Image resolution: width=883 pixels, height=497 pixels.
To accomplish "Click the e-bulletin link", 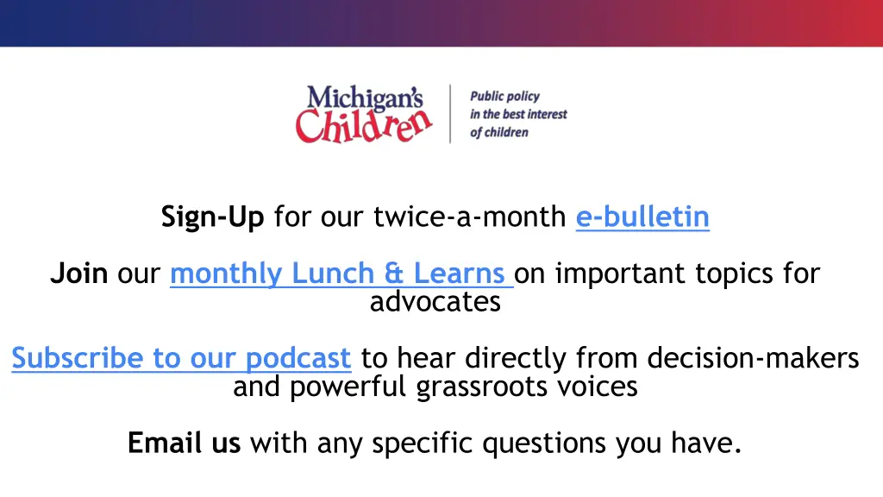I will pyautogui.click(x=642, y=217).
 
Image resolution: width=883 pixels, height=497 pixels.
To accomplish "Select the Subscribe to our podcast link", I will pyautogui.click(x=181, y=357).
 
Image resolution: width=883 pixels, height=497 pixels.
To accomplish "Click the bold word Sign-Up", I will pyautogui.click(x=212, y=217).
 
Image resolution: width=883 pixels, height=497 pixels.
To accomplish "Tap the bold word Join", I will pyautogui.click(x=78, y=274).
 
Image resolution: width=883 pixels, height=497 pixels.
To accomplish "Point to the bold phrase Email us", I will pyautogui.click(x=184, y=443).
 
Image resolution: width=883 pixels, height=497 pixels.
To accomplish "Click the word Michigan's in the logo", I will pyautogui.click(x=365, y=98).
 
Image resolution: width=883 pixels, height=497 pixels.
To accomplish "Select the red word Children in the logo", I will pyautogui.click(x=363, y=126).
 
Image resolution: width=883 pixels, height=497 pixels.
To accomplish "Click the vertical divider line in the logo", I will pyautogui.click(x=450, y=113).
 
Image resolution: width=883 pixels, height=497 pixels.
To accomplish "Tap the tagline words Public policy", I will pyautogui.click(x=504, y=97).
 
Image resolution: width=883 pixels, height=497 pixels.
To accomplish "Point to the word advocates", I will pyautogui.click(x=435, y=302).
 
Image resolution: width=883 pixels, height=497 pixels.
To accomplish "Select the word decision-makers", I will pyautogui.click(x=753, y=357).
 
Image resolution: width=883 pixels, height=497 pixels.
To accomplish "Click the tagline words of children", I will pyautogui.click(x=498, y=133).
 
